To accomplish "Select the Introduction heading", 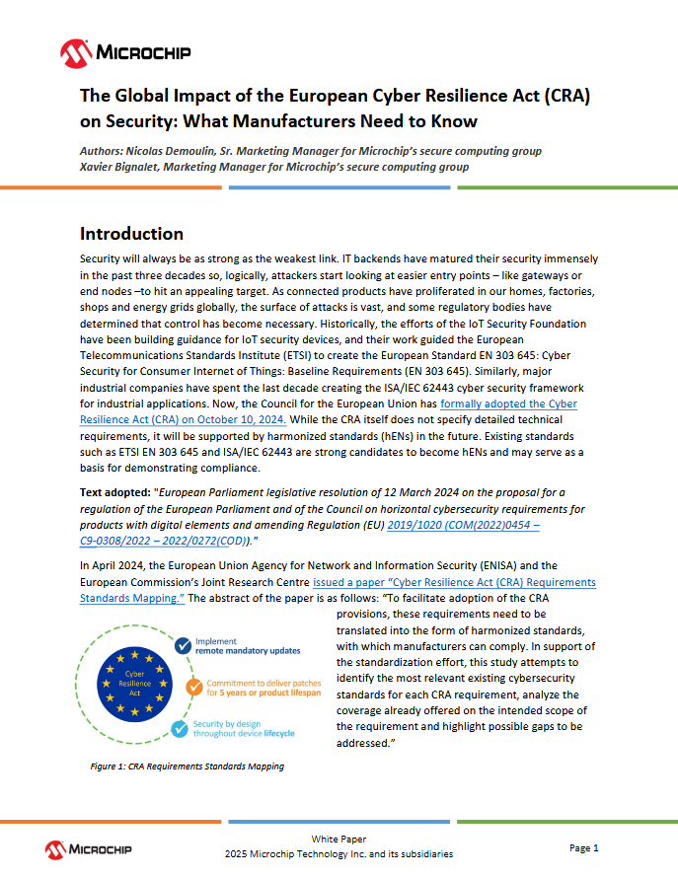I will (131, 234).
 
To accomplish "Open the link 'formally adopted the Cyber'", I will (508, 404).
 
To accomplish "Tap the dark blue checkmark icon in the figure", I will (183, 646).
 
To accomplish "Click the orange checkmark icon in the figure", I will (194, 689).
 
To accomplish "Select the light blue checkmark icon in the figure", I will (180, 730).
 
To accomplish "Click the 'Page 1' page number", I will (584, 847).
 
